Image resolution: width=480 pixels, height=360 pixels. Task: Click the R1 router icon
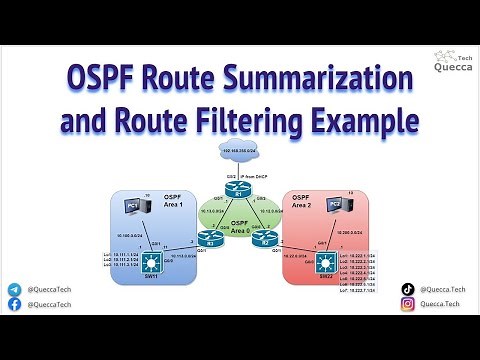[240, 192]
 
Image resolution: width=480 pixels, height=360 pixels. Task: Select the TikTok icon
[407, 289]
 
